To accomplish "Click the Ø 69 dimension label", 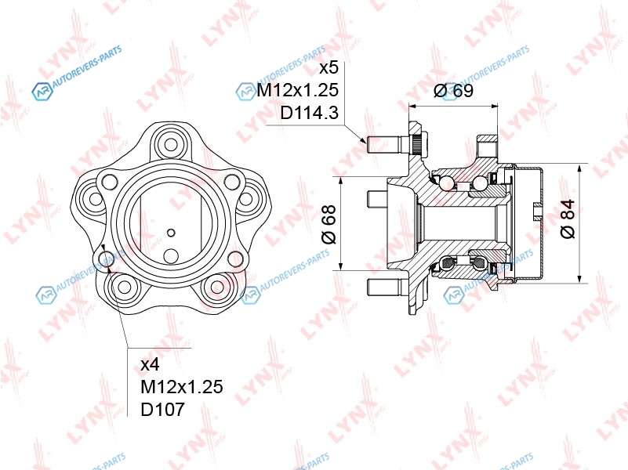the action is point(453,90).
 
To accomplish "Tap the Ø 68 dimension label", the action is point(329,224).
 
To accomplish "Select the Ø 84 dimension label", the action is point(568,219).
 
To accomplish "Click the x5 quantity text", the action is point(329,67).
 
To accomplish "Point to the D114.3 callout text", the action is point(309,113).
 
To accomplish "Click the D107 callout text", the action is point(163,409).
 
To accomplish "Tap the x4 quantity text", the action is point(151,364).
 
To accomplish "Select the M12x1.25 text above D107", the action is point(182,387).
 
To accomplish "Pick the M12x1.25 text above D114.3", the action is point(298,90).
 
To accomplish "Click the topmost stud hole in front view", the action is point(171,144).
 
